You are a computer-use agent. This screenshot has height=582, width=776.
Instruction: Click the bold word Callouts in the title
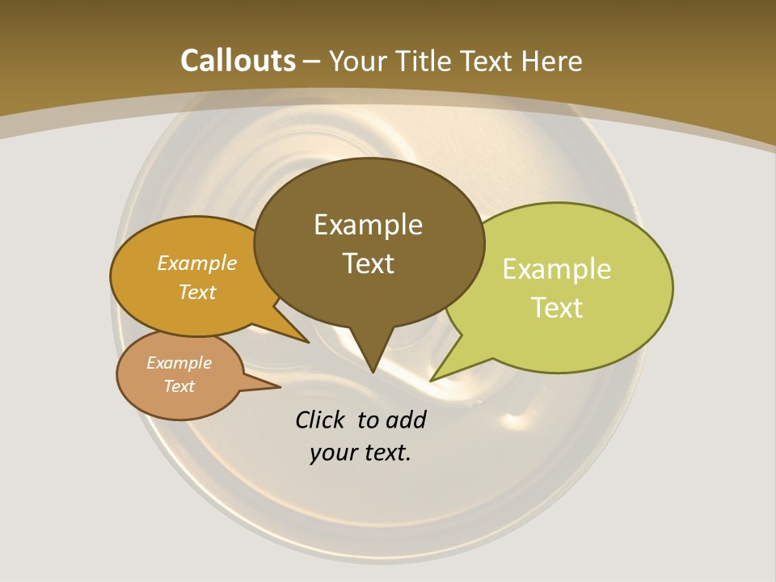[x=238, y=61]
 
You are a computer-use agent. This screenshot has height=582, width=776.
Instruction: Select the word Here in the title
[x=552, y=61]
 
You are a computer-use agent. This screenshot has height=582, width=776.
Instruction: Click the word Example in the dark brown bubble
[x=368, y=225]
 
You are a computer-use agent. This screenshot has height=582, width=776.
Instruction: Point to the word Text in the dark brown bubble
[x=368, y=264]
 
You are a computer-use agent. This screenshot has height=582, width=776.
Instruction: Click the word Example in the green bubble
[x=557, y=269]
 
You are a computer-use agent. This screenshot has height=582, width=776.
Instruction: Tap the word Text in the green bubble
[x=557, y=308]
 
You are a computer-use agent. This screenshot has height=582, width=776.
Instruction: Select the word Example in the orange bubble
[x=197, y=264]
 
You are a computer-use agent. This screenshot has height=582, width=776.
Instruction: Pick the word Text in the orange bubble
[x=197, y=293]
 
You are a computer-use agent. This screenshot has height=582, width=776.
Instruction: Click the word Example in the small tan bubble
[x=179, y=363]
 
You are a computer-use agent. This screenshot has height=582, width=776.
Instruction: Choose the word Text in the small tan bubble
[x=179, y=386]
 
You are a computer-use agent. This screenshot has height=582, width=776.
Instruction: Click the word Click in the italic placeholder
[x=320, y=420]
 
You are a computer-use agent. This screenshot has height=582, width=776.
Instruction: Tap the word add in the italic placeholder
[x=405, y=420]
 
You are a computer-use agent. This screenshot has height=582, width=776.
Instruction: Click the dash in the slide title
[x=312, y=61]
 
